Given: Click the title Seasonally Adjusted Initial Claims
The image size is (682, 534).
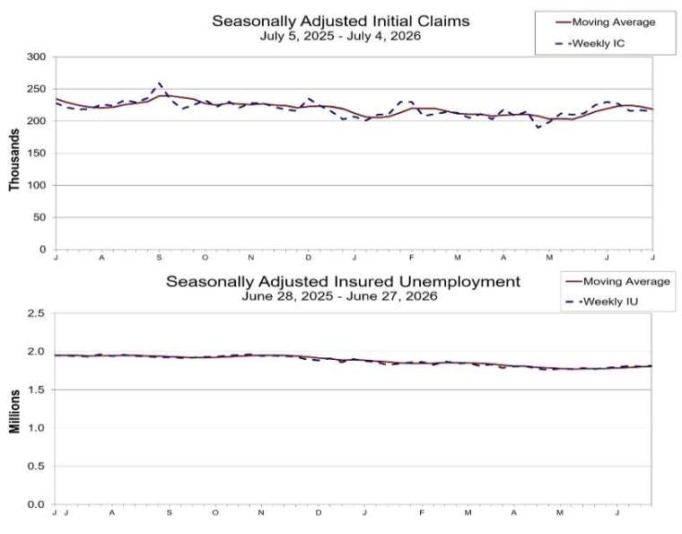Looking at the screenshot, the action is pyautogui.click(x=341, y=21).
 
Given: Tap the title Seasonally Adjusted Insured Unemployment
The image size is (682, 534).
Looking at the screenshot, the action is pyautogui.click(x=343, y=281).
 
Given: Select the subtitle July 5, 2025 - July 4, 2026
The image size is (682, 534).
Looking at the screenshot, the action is pyautogui.click(x=341, y=36).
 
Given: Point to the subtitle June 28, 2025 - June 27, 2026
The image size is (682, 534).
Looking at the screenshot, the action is pyautogui.click(x=339, y=296).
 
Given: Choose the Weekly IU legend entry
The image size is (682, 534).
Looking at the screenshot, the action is pyautogui.click(x=602, y=302).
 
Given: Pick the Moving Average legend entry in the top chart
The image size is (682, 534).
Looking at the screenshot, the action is pyautogui.click(x=606, y=22).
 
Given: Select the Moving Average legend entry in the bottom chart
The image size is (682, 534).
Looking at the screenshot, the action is pyautogui.click(x=618, y=281).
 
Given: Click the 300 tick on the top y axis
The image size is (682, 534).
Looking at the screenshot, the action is pyautogui.click(x=37, y=57).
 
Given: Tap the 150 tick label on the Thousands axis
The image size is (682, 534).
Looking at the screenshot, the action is pyautogui.click(x=37, y=153).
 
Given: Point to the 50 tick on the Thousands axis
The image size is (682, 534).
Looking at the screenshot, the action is pyautogui.click(x=39, y=217).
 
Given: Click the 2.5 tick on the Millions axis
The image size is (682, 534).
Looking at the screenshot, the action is pyautogui.click(x=36, y=313).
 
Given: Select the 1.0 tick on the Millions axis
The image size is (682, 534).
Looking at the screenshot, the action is pyautogui.click(x=36, y=428).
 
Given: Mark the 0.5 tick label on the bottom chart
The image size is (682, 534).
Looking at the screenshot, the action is pyautogui.click(x=36, y=466).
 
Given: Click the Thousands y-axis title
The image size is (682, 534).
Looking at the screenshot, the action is pyautogui.click(x=14, y=160).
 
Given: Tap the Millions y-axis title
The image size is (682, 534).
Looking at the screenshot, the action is pyautogui.click(x=14, y=411).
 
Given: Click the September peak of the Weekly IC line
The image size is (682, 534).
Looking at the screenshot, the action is pyautogui.click(x=159, y=83).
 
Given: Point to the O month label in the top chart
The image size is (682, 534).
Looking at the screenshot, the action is pyautogui.click(x=205, y=258).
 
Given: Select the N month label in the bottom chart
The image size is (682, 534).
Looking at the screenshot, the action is pyautogui.click(x=261, y=512).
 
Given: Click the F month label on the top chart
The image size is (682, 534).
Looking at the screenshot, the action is pyautogui.click(x=412, y=258).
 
